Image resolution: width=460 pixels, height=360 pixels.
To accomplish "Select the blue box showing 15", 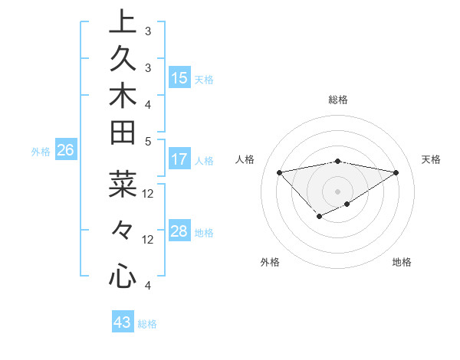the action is (x=179, y=77).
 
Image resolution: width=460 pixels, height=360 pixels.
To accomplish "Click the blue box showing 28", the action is (x=179, y=231).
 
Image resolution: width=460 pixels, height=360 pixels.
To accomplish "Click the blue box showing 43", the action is (x=123, y=322).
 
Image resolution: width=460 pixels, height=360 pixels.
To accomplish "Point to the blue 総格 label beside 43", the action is (x=147, y=324).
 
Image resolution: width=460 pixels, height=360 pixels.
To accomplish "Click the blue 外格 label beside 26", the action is (x=41, y=152).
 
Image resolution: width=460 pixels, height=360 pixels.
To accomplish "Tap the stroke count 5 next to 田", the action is (x=148, y=140).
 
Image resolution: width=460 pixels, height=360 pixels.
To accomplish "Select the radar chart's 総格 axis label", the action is (x=337, y=100).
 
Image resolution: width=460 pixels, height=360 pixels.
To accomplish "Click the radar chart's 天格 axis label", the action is (x=431, y=159).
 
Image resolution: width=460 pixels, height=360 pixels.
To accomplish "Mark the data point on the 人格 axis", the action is (x=279, y=172).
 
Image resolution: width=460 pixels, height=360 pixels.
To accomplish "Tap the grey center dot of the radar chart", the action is (x=337, y=191).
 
